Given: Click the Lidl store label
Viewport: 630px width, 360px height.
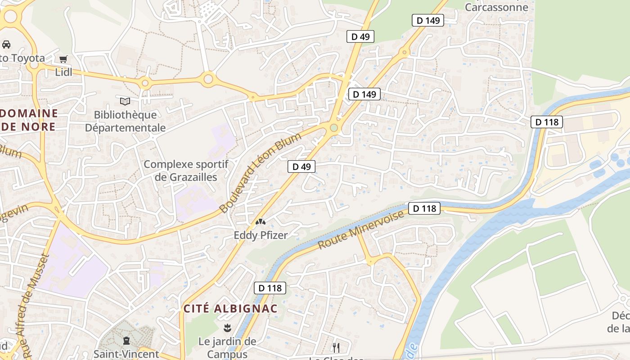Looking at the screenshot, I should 63,72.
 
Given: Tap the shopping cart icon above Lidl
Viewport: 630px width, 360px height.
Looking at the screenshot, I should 63,59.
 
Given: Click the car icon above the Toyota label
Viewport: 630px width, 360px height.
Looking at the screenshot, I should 6,44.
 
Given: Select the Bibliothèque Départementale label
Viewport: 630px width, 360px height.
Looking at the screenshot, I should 125,121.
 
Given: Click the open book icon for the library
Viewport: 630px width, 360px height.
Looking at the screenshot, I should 125,101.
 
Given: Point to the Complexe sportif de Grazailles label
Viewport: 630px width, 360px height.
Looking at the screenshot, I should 186,171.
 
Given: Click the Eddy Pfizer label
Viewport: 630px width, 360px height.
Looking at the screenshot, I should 260,235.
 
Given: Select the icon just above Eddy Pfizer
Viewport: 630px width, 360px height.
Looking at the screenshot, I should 260,221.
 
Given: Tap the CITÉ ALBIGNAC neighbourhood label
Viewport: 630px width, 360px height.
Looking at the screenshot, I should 230,309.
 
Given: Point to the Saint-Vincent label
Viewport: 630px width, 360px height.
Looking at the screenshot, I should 126,354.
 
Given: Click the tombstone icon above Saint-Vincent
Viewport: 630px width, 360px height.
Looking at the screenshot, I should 126,341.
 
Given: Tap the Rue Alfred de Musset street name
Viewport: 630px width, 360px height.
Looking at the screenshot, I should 36,306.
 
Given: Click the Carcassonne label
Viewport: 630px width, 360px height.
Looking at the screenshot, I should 496,7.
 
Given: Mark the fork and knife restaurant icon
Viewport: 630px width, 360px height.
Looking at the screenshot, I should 336,347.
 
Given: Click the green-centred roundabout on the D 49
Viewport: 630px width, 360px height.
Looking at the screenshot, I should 333,128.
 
